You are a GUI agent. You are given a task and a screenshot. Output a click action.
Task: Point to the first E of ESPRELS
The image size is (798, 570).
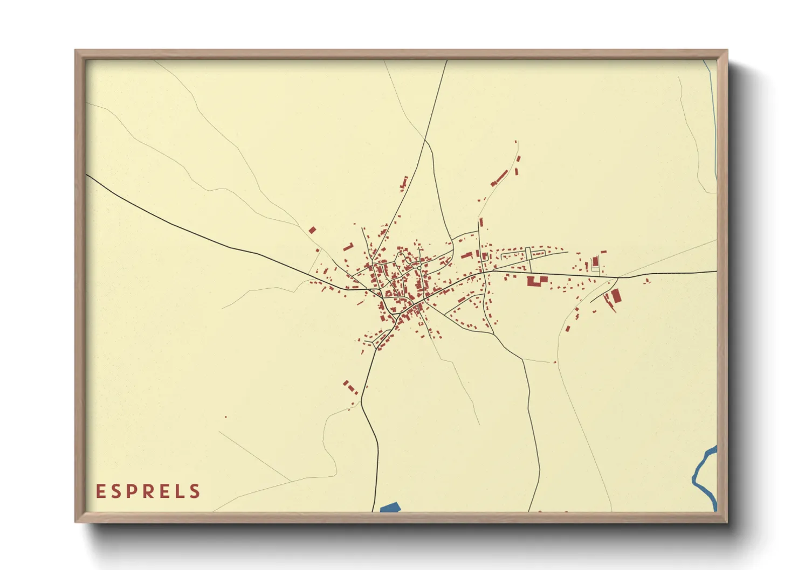(x=100, y=491)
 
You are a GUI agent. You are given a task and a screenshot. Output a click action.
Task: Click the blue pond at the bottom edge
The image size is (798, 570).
(x=390, y=507)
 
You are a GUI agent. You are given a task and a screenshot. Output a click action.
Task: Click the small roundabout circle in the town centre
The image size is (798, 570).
(x=419, y=268)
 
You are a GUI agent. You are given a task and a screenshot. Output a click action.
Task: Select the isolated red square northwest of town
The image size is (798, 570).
(x=312, y=230)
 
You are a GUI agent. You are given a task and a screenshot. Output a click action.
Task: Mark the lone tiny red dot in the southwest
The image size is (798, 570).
(x=225, y=416)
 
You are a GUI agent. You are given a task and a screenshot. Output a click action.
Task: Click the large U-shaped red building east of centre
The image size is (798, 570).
(x=536, y=280)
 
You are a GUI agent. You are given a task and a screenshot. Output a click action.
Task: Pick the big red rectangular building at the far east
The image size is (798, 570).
(x=615, y=295)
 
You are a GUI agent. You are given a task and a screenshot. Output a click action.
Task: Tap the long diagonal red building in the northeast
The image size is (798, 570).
(x=500, y=178)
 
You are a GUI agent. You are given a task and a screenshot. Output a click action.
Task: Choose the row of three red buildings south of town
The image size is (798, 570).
(x=350, y=387)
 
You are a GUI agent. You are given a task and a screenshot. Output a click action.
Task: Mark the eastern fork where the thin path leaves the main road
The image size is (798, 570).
(x=618, y=277)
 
